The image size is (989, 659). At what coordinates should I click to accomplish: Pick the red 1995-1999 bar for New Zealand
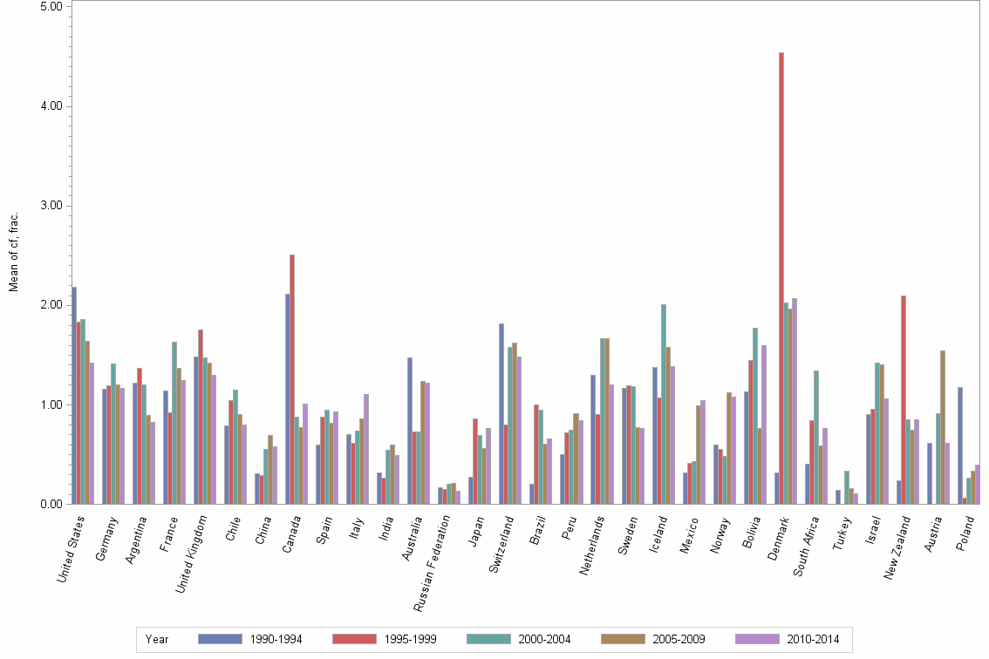(904, 400)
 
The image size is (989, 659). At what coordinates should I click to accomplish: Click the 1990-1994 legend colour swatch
(220, 639)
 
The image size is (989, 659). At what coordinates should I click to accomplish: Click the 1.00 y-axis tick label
(51, 405)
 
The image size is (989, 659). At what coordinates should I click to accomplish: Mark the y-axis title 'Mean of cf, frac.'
(13, 251)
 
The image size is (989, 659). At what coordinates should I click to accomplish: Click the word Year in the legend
(157, 639)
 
